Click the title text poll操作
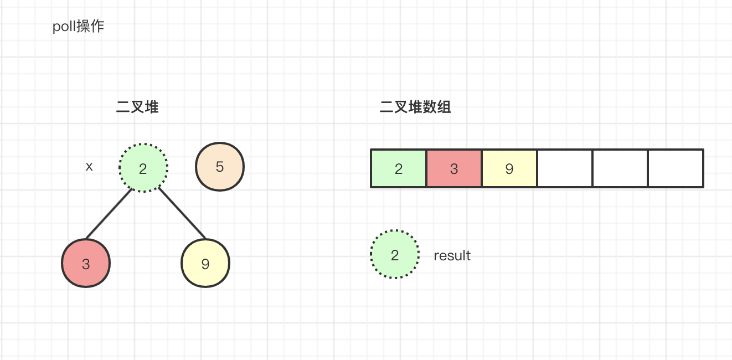[79, 27]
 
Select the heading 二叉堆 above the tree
[137, 107]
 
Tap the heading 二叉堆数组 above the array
[415, 107]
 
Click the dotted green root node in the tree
[143, 168]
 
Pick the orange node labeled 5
[220, 166]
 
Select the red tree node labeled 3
[86, 263]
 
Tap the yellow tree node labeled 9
[205, 263]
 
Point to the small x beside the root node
[89, 167]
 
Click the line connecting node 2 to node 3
[109, 214]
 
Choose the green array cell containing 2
[398, 168]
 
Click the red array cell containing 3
[454, 168]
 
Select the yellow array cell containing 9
[509, 168]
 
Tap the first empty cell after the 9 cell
[565, 168]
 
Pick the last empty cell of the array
[676, 168]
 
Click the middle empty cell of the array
[620, 168]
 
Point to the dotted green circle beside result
[395, 254]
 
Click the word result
[452, 256]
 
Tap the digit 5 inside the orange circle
[220, 167]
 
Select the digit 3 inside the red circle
[86, 264]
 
